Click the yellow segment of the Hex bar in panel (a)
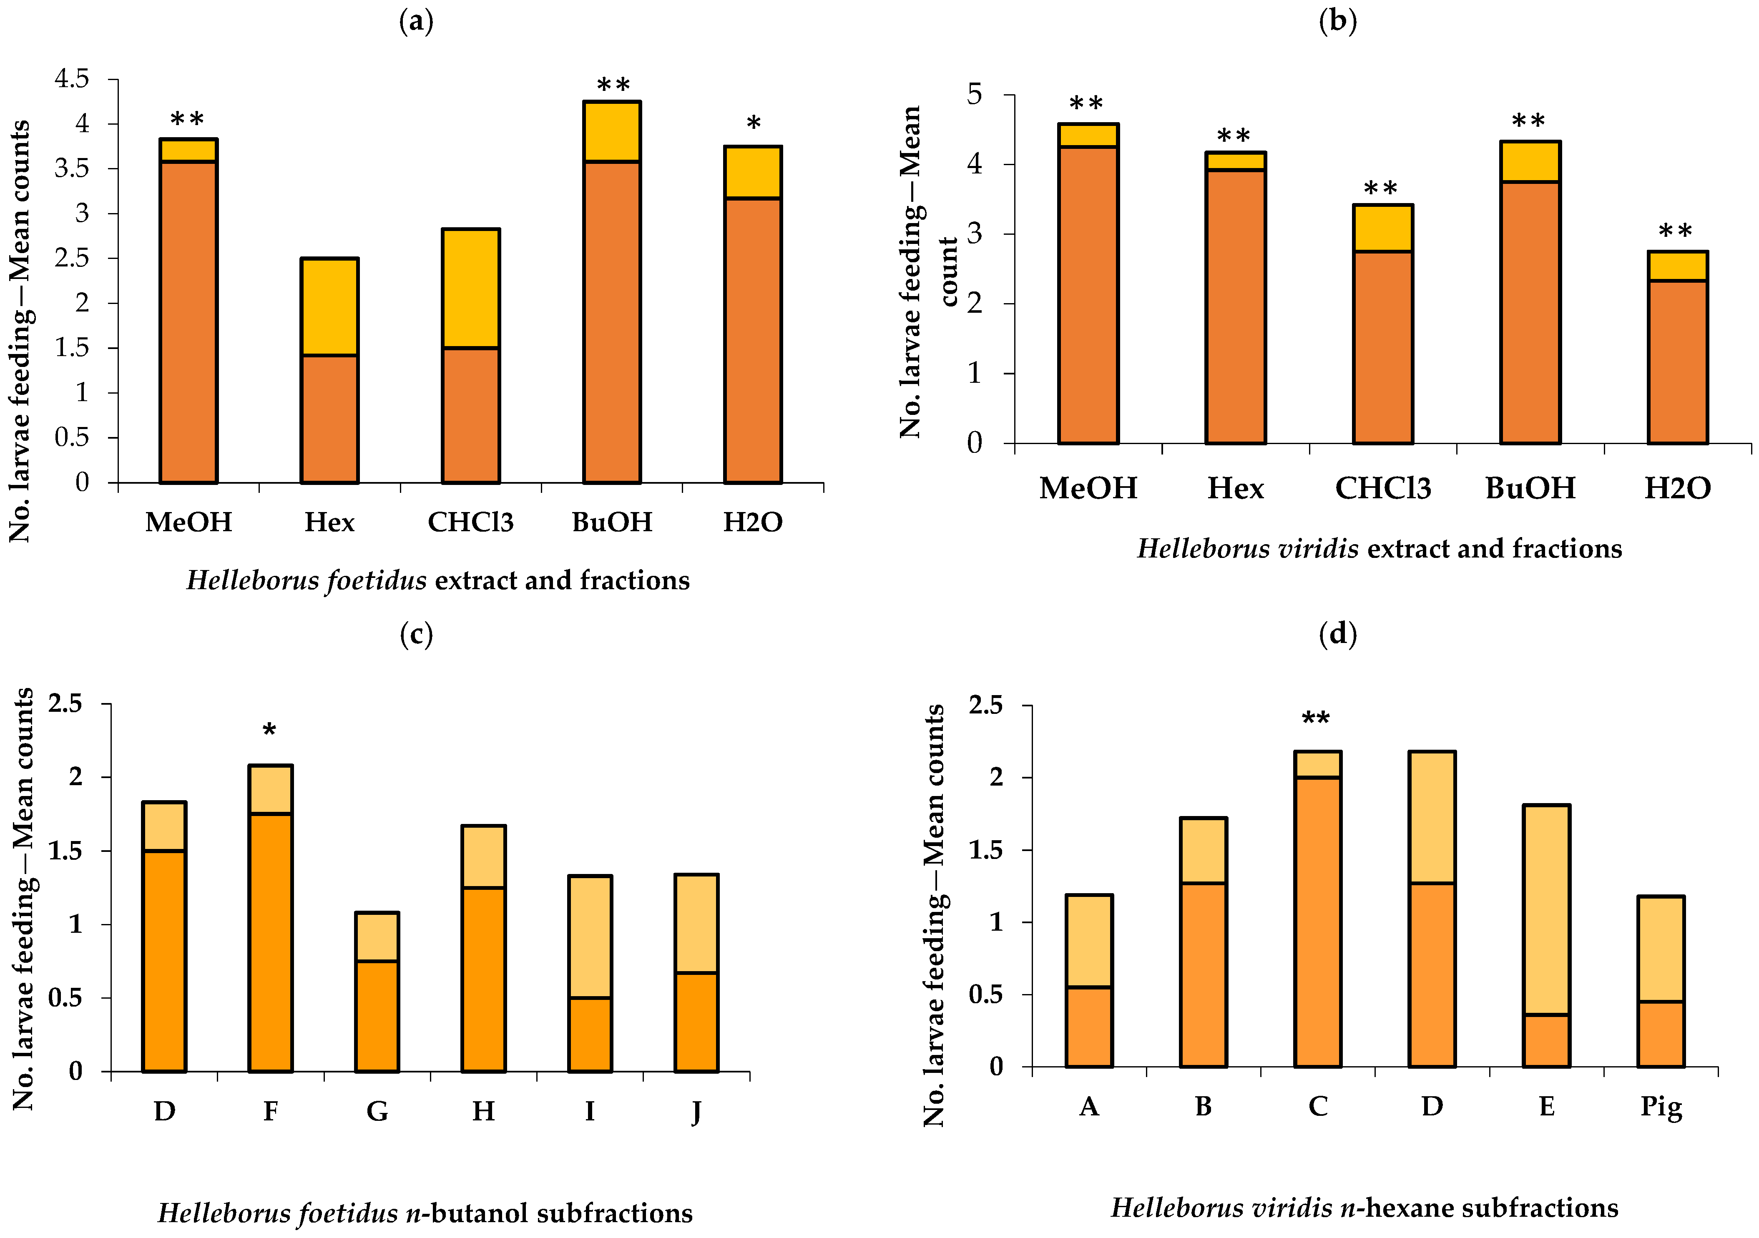(x=329, y=306)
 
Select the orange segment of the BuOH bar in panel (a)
(x=611, y=322)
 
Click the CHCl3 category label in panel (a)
(x=470, y=522)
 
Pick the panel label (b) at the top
(x=1338, y=21)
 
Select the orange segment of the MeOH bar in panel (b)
(x=1088, y=295)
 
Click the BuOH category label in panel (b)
(x=1530, y=488)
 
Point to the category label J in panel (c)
(x=696, y=1111)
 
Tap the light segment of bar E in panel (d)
(x=1546, y=909)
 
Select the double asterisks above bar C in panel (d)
(x=1316, y=718)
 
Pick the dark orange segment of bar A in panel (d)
(x=1089, y=1027)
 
